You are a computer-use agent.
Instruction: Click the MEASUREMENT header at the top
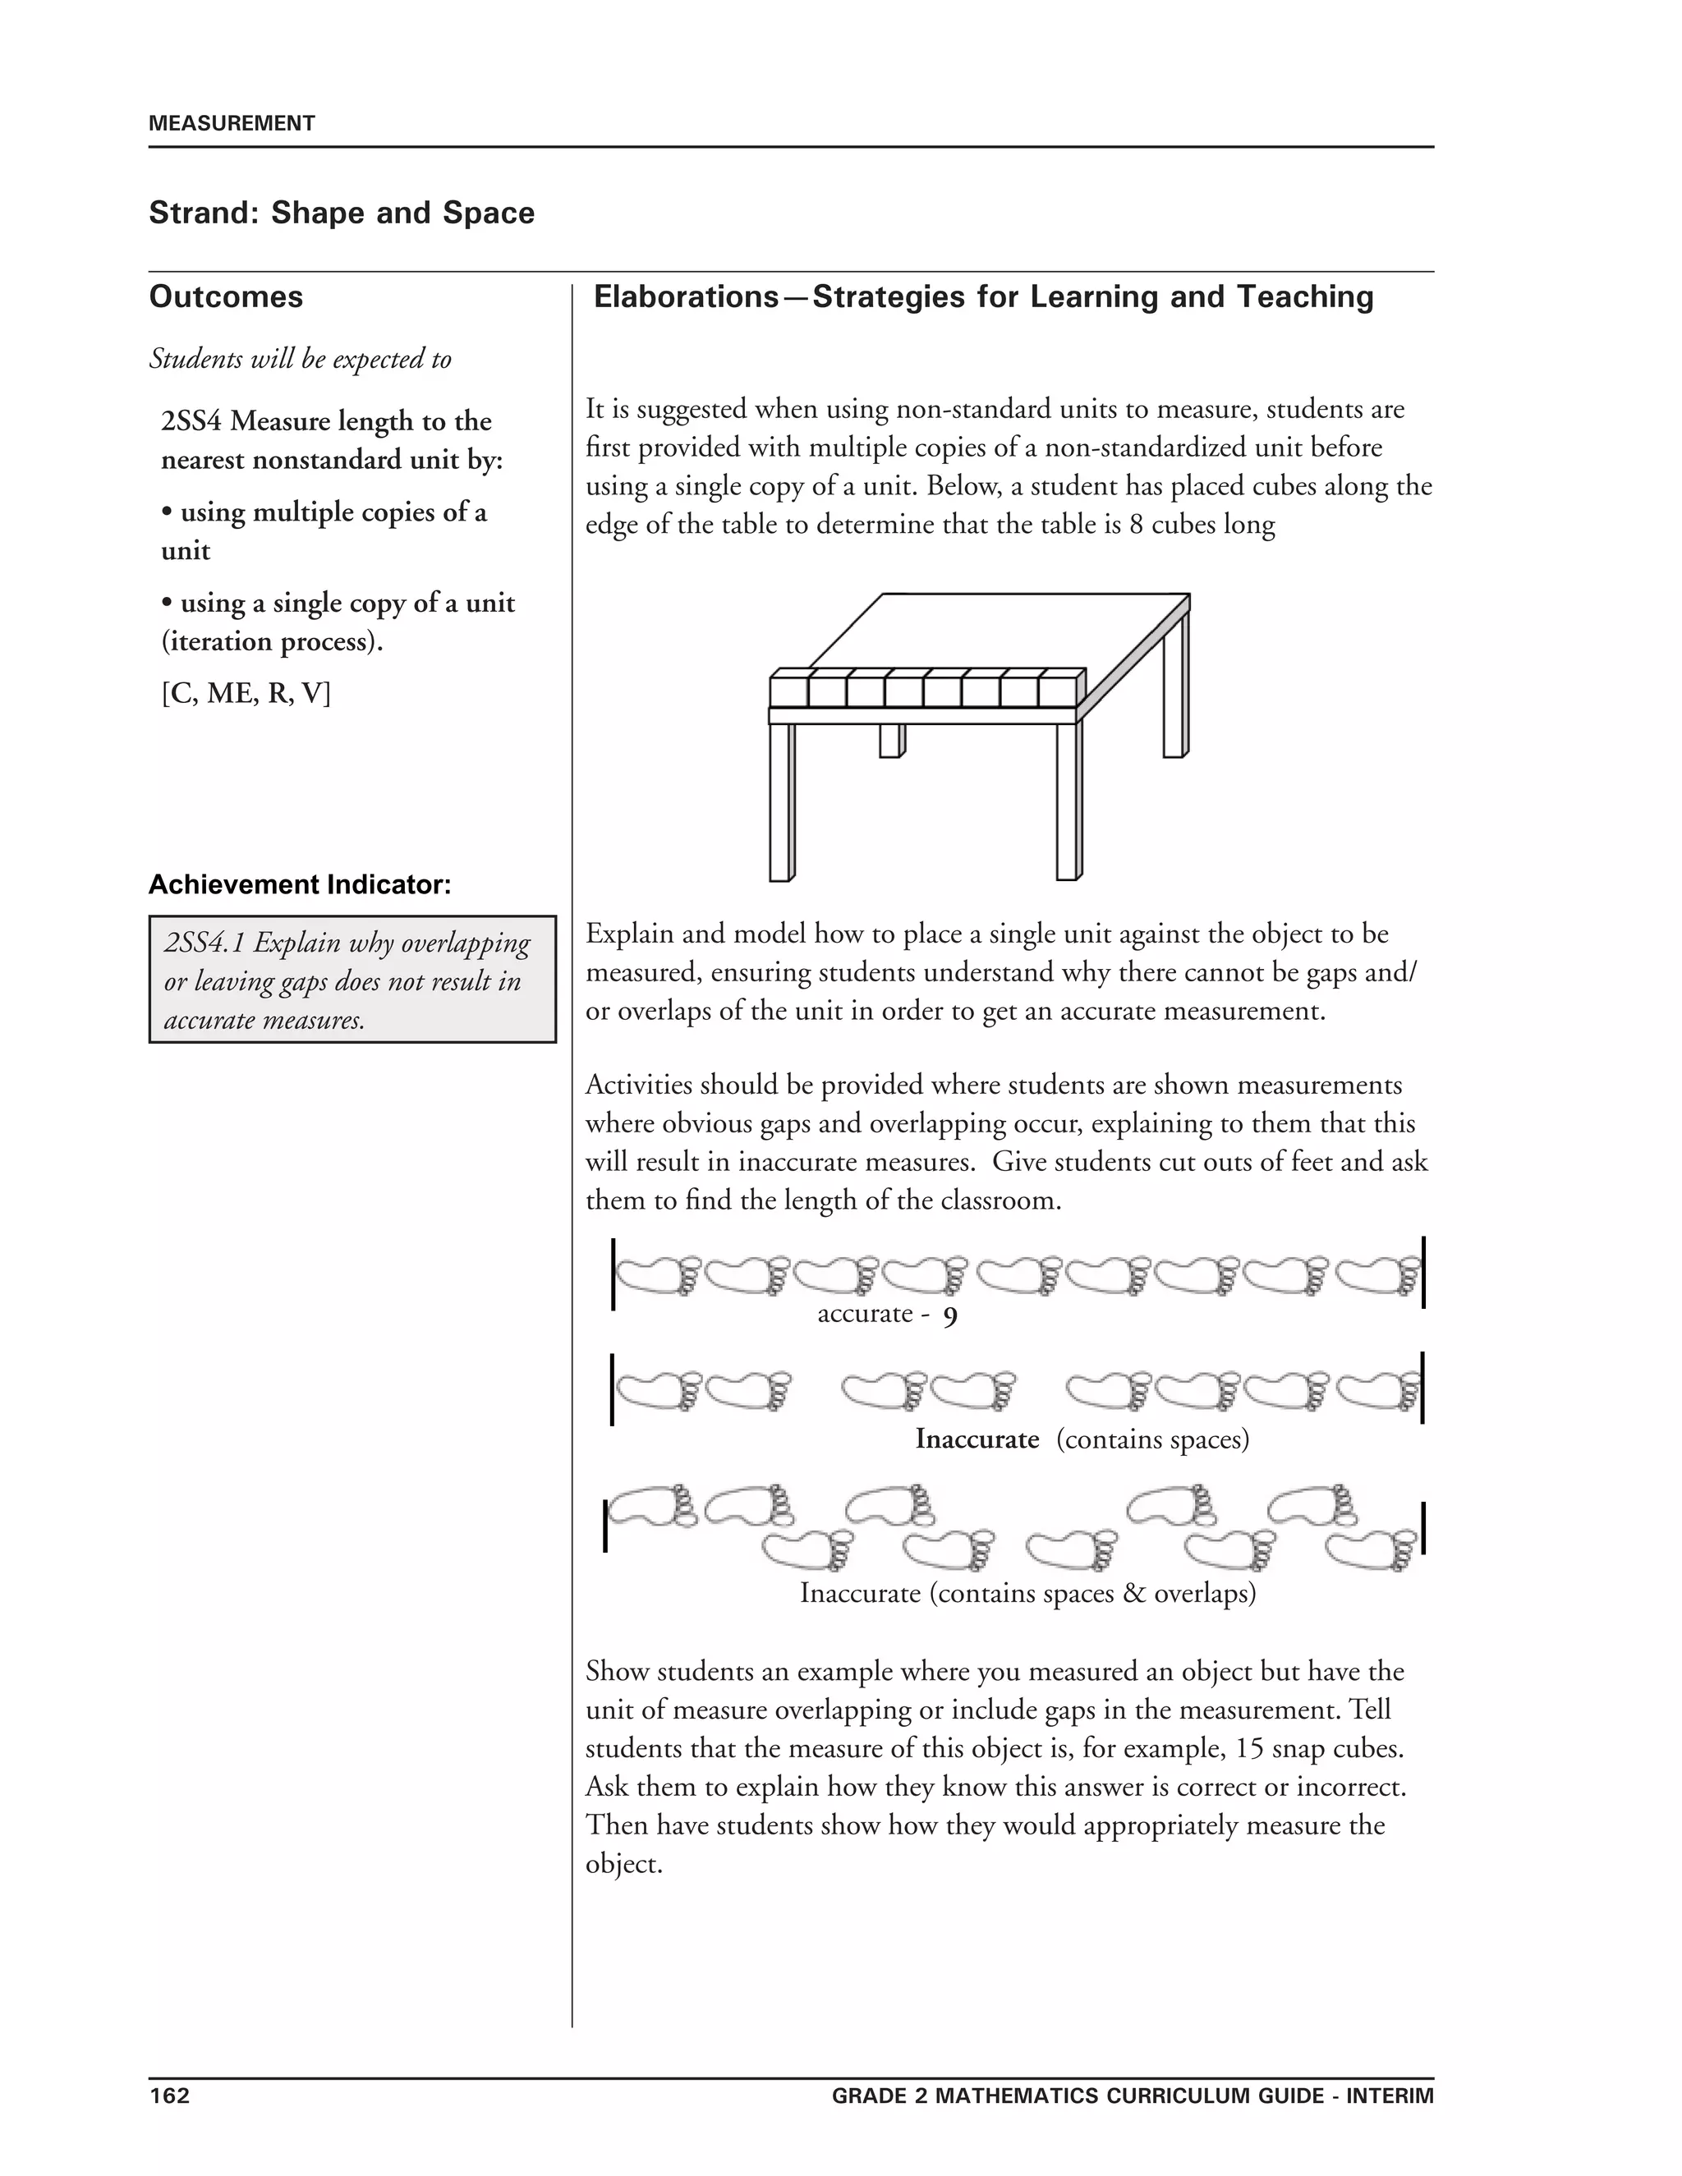[x=231, y=123]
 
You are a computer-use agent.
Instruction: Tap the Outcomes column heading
[x=226, y=297]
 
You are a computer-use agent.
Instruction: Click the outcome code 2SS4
[x=191, y=421]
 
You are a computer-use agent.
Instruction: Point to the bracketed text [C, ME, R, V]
[x=245, y=694]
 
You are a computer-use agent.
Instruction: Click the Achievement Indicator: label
[x=300, y=884]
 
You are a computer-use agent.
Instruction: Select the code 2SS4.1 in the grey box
[x=204, y=943]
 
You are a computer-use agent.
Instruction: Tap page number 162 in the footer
[x=168, y=2096]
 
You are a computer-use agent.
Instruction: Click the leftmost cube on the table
[x=788, y=691]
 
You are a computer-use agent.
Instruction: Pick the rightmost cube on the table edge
[x=1056, y=691]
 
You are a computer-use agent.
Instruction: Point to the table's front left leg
[x=780, y=802]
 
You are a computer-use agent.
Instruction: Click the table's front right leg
[x=1067, y=802]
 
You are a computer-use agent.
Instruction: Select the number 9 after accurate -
[x=949, y=1318]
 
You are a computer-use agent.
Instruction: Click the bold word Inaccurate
[x=977, y=1439]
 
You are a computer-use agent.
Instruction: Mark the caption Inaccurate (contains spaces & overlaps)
[x=1027, y=1593]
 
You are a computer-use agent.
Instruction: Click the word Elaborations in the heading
[x=686, y=297]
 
